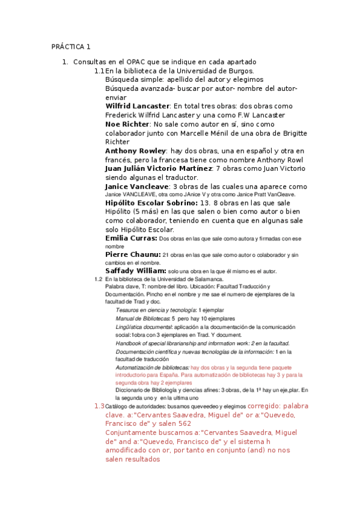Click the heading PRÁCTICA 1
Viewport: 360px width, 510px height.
70,46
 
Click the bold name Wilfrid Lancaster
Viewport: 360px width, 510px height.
137,106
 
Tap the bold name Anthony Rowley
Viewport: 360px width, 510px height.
135,150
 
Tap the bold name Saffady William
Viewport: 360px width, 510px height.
135,271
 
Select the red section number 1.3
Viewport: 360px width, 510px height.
99,406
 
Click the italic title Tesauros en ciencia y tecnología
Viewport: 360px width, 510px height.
154,310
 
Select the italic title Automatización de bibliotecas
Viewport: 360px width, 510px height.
152,367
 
